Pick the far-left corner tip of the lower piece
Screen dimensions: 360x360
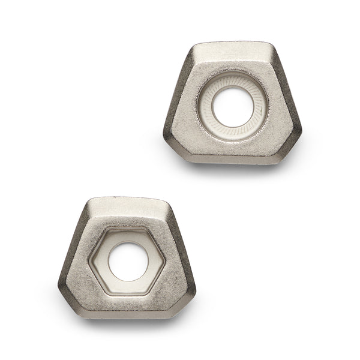(58, 284)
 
